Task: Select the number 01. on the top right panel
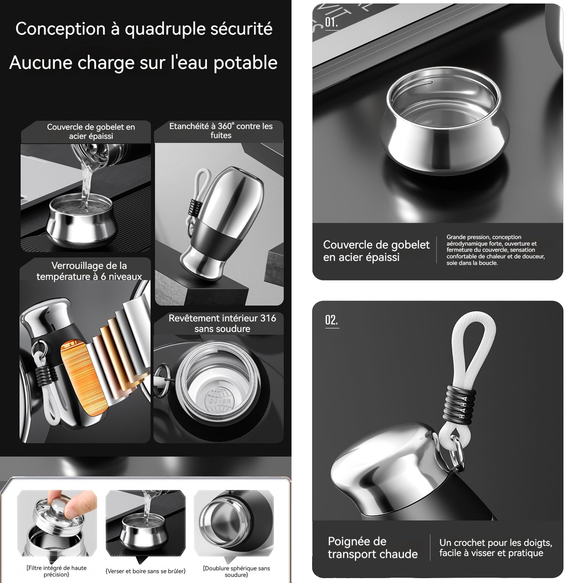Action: [x=331, y=22]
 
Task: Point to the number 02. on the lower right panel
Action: [x=332, y=320]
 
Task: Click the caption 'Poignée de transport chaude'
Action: [x=373, y=548]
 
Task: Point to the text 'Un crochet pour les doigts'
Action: [x=496, y=543]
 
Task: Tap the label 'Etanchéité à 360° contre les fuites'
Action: [x=221, y=131]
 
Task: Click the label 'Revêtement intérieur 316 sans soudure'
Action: [x=222, y=324]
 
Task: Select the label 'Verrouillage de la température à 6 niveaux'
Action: [x=89, y=271]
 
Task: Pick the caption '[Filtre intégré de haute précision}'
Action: [x=56, y=571]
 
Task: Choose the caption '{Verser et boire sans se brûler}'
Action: [x=145, y=571]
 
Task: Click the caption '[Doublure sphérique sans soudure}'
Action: [x=236, y=571]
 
